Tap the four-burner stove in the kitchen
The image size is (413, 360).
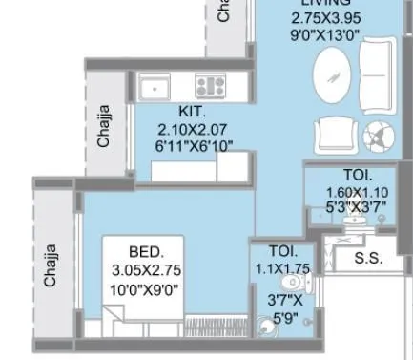pyautogui.click(x=209, y=88)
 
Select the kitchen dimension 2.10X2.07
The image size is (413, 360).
pyautogui.click(x=194, y=129)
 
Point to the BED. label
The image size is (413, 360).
pyautogui.click(x=144, y=253)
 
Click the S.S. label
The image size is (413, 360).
pyautogui.click(x=369, y=258)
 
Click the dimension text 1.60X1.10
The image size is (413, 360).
pyautogui.click(x=358, y=192)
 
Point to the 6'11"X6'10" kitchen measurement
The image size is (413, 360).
pyautogui.click(x=194, y=146)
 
